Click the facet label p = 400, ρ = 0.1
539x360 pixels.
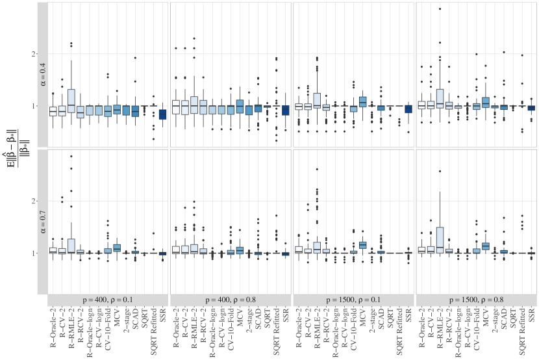point(108,300)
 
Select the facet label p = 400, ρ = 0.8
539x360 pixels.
point(231,300)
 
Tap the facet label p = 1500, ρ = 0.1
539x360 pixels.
point(354,300)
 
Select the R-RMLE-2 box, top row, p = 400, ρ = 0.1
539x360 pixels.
point(71,100)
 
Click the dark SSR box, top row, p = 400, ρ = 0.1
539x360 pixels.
point(162,114)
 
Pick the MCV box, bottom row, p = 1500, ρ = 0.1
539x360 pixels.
point(363,245)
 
